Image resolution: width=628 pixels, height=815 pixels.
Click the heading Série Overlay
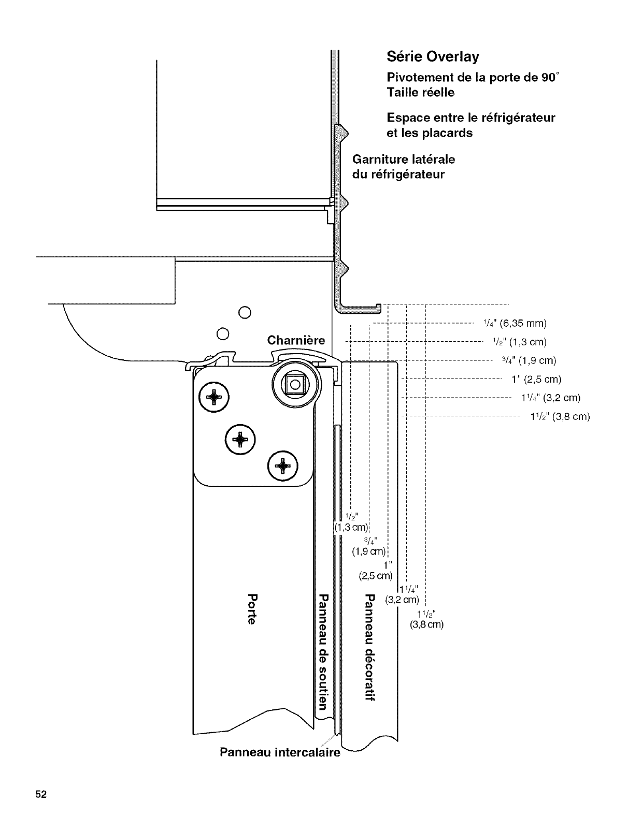(433, 56)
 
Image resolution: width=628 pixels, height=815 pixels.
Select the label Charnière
(296, 340)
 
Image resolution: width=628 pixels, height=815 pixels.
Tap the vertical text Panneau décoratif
(369, 648)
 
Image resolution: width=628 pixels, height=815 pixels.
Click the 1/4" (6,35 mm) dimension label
(515, 324)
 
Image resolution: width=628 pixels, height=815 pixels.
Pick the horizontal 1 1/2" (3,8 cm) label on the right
(560, 416)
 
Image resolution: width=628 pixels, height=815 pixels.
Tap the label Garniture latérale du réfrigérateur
(403, 166)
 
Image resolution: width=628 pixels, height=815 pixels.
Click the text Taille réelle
(421, 93)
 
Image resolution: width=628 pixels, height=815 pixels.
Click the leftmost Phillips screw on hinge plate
(212, 397)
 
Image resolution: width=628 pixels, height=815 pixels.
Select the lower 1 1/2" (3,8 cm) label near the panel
(427, 619)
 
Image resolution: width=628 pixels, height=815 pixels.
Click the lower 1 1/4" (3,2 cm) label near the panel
(404, 595)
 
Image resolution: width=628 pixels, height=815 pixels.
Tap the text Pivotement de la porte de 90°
(473, 78)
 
